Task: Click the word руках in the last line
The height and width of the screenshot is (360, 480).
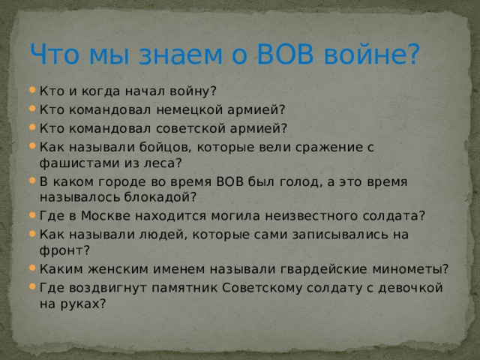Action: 82,304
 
